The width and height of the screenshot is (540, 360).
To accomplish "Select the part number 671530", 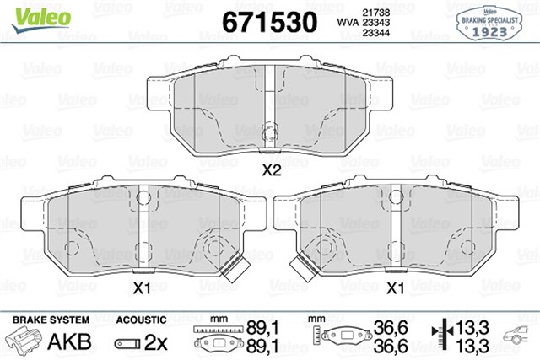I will coord(269,20).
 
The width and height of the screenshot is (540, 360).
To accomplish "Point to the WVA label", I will coord(347,21).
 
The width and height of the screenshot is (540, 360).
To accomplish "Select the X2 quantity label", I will coord(271,169).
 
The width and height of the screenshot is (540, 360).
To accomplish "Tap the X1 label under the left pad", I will coord(143,288).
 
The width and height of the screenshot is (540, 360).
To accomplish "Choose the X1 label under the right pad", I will coord(394,288).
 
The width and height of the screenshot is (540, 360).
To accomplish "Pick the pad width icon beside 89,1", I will coord(214,337).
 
